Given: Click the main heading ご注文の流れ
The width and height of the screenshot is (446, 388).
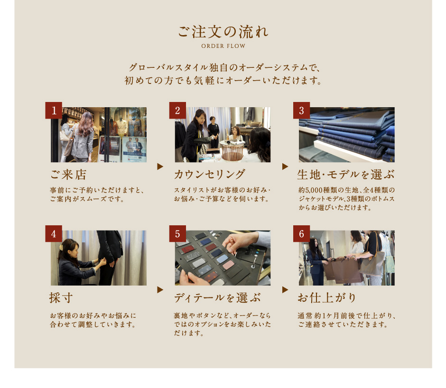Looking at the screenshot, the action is click(x=223, y=32).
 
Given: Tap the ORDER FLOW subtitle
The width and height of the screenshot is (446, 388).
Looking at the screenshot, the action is click(x=223, y=46).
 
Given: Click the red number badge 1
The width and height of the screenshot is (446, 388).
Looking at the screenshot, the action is click(x=54, y=111).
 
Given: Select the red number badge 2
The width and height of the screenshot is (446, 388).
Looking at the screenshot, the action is click(x=178, y=111).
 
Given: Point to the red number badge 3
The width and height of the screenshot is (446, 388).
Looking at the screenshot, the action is click(x=301, y=111).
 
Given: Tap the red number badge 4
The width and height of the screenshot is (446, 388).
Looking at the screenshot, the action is click(x=54, y=234).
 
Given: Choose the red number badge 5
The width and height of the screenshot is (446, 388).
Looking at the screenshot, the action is click(x=178, y=234).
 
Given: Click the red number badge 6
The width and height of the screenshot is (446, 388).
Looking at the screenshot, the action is click(x=301, y=234).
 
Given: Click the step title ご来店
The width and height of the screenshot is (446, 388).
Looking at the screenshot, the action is click(x=68, y=175).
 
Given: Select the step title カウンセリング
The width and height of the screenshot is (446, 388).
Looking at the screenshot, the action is click(x=210, y=175).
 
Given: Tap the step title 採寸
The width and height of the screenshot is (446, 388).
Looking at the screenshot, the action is click(x=61, y=298).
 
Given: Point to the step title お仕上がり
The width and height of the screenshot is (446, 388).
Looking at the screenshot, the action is click(x=327, y=298).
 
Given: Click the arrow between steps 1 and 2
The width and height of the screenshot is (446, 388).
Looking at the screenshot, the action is click(x=160, y=166).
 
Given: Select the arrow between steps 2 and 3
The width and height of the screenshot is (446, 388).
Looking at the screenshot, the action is click(x=285, y=166).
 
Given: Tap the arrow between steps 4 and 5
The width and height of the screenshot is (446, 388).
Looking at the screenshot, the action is click(x=160, y=290).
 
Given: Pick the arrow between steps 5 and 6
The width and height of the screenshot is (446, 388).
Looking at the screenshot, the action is click(x=285, y=290).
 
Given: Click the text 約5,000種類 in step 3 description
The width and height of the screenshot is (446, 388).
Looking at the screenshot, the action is click(x=315, y=190).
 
